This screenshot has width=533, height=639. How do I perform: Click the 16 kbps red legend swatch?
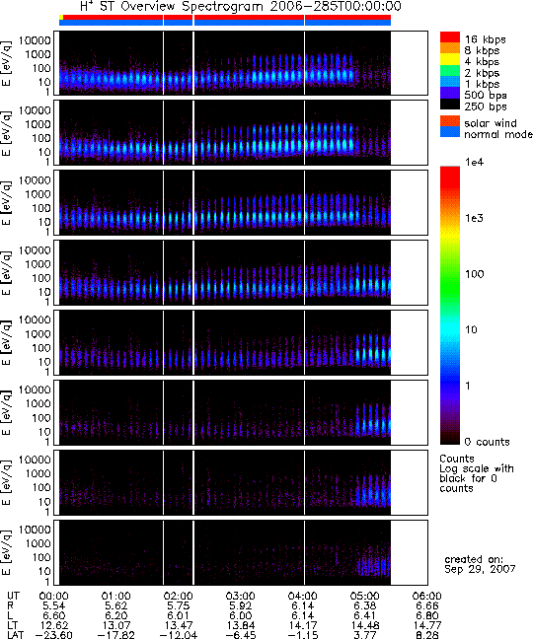click(x=450, y=37)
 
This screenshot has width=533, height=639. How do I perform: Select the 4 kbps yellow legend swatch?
click(x=450, y=59)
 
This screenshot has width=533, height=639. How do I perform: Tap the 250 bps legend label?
click(x=486, y=106)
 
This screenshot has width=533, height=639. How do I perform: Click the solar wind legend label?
click(x=491, y=123)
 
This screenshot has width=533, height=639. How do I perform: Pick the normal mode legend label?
click(x=497, y=134)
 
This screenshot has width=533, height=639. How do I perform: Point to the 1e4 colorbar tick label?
click(x=475, y=162)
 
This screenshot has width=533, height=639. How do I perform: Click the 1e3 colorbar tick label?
click(x=475, y=219)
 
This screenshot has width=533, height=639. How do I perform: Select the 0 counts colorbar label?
click(x=488, y=442)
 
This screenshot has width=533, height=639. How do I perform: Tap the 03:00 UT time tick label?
click(x=240, y=597)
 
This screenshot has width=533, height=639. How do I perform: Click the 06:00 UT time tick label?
click(x=427, y=597)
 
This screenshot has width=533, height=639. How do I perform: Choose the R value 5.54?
click(x=54, y=606)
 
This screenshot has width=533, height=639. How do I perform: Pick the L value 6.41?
click(x=364, y=615)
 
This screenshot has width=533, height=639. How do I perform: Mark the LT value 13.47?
click(x=179, y=625)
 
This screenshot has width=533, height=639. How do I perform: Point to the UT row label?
click(x=13, y=597)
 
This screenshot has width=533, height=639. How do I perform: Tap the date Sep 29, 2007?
click(x=480, y=569)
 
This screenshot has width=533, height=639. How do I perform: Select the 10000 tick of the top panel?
click(x=36, y=40)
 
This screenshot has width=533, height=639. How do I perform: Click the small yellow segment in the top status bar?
click(x=61, y=17)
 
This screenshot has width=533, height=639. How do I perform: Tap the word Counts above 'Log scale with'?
click(x=457, y=459)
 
